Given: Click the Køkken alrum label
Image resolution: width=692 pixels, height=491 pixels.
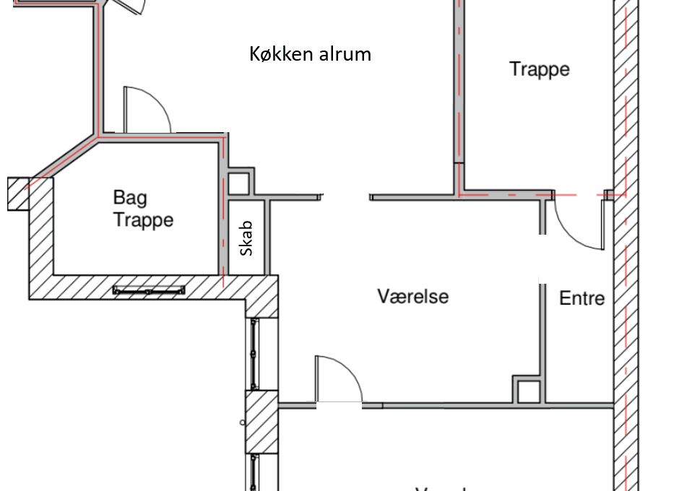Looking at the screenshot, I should (310, 53).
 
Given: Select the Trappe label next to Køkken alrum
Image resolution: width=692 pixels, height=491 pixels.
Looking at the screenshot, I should (539, 69).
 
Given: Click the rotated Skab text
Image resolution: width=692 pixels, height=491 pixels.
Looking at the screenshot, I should (247, 239).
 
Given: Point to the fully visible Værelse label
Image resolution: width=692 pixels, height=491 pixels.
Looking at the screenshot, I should (412, 296).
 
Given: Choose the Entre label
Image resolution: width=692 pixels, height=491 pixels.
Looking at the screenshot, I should (581, 298).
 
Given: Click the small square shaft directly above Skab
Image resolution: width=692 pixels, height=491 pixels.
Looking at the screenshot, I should (239, 183).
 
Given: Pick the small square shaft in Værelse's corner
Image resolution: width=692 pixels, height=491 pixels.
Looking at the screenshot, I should (527, 391).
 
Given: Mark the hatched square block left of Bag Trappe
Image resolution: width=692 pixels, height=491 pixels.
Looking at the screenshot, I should (17, 194).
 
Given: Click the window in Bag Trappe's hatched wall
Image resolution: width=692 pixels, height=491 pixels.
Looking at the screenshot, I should (148, 290).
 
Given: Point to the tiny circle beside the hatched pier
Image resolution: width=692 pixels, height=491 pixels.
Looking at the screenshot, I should (241, 421).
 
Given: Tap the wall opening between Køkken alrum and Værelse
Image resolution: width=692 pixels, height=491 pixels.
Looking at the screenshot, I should (346, 196).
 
